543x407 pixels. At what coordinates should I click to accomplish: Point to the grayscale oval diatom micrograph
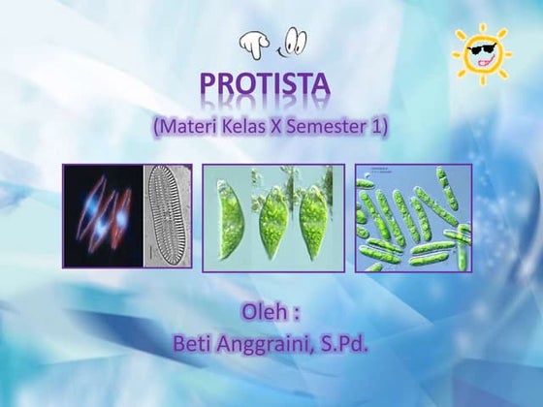(168, 215)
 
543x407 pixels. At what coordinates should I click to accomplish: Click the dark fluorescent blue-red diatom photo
(104, 215)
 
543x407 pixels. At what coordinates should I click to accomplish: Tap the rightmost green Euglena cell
(315, 215)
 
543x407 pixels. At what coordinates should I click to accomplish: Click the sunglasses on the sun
(482, 47)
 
